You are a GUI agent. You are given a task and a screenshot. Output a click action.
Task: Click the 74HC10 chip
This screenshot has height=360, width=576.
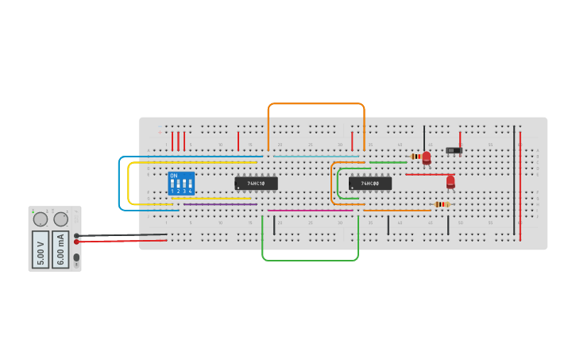(256, 183)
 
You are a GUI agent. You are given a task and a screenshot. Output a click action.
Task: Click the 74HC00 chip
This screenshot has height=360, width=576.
(369, 184)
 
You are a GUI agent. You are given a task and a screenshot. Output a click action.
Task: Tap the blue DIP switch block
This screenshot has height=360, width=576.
(181, 184)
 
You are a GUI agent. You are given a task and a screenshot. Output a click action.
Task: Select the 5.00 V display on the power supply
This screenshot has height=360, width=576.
(41, 249)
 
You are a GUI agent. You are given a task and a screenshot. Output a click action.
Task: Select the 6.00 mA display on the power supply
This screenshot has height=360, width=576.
(60, 249)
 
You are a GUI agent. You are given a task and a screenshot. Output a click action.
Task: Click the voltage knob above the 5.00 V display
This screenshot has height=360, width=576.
(41, 219)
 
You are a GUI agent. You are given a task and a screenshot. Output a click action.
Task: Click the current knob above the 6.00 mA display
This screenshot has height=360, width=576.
(61, 219)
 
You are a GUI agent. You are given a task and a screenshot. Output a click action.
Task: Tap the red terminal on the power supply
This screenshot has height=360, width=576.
(76, 242)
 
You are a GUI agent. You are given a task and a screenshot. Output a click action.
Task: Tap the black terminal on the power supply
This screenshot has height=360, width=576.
(76, 235)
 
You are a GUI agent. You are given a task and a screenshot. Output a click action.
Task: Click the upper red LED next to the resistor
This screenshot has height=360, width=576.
(427, 157)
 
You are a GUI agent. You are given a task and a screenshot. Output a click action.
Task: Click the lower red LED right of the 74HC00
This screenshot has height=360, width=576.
(450, 182)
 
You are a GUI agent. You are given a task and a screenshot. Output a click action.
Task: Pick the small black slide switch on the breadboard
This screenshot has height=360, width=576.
(454, 150)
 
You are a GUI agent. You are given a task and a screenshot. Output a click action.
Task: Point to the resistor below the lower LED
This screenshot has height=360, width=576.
(442, 204)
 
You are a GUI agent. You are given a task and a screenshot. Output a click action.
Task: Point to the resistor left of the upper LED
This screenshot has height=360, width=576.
(416, 157)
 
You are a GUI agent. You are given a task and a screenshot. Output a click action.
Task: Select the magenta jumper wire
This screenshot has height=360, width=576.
(310, 211)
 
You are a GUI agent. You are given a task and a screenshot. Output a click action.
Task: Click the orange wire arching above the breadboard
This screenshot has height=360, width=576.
(316, 103)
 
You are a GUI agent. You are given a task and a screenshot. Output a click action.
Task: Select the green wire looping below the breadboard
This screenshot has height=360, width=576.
(310, 260)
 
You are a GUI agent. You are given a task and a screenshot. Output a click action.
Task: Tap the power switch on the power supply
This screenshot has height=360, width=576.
(76, 257)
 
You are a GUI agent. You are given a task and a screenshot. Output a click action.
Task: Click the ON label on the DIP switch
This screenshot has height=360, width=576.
(174, 176)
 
